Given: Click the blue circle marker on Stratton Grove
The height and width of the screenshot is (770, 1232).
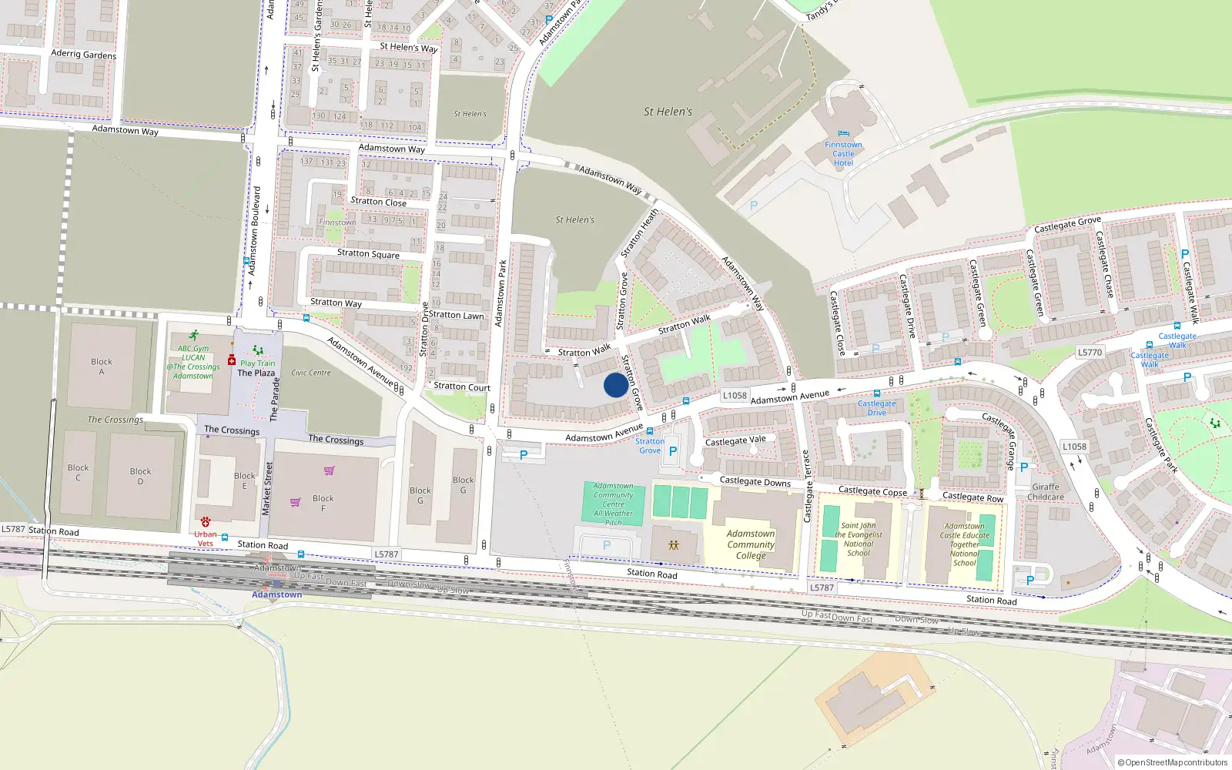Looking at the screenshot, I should pyautogui.click(x=615, y=385).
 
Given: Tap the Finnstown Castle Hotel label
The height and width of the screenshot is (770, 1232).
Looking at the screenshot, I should pyautogui.click(x=843, y=153).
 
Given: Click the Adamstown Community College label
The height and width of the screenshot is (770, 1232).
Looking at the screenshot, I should pyautogui.click(x=751, y=544).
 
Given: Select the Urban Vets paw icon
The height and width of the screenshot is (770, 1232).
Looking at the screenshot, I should pyautogui.click(x=206, y=522).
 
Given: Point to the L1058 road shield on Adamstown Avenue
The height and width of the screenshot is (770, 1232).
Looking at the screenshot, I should pyautogui.click(x=735, y=395).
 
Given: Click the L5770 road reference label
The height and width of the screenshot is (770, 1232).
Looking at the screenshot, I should pyautogui.click(x=1090, y=352).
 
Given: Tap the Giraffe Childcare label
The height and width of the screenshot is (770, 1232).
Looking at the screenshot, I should pyautogui.click(x=1046, y=492).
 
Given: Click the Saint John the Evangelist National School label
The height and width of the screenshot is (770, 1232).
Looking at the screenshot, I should pyautogui.click(x=859, y=539).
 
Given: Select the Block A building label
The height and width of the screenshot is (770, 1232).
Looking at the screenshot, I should pyautogui.click(x=102, y=367).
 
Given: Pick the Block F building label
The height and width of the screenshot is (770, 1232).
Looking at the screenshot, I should pyautogui.click(x=323, y=503).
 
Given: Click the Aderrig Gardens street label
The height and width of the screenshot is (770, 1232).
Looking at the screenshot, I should pyautogui.click(x=83, y=54).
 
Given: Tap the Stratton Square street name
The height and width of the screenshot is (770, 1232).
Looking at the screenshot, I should pyautogui.click(x=368, y=253).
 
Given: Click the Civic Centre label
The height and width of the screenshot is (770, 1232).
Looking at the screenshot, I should pyautogui.click(x=310, y=373).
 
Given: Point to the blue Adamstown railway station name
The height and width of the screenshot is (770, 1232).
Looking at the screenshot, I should pyautogui.click(x=276, y=594).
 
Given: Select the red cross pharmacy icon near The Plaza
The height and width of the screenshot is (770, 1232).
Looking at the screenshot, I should pyautogui.click(x=232, y=360).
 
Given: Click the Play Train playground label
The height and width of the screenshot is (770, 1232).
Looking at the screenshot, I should pyautogui.click(x=257, y=363).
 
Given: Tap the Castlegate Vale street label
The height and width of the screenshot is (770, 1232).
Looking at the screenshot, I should pyautogui.click(x=735, y=440).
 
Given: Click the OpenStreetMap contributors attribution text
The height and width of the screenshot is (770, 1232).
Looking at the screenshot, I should pyautogui.click(x=1172, y=762).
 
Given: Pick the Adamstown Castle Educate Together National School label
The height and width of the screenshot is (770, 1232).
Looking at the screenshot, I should pyautogui.click(x=964, y=544).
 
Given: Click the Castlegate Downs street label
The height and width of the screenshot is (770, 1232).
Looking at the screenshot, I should pyautogui.click(x=755, y=481).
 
